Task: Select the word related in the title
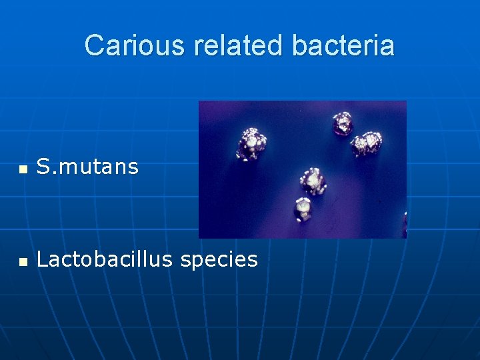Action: point(239,46)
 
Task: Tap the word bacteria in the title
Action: point(343,46)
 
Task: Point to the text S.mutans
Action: point(87,167)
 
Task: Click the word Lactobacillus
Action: point(105,259)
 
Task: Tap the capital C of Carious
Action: point(95,46)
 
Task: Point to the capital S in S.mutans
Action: point(43,167)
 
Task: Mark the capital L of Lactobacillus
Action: point(42,259)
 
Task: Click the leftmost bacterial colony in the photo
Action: point(253,143)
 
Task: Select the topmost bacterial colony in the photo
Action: point(343,122)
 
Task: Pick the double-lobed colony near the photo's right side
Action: point(367,143)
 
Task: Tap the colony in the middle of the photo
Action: point(312,180)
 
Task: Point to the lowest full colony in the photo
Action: point(303,209)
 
